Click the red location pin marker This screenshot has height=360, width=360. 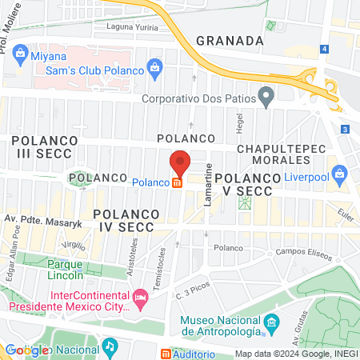pos(180,163)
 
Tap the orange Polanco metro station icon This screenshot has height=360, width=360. pos(178,182)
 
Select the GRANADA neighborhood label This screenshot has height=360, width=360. pos(229,40)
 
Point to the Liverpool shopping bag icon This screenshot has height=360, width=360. pos(340,172)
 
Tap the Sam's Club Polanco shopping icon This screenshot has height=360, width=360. pos(152,70)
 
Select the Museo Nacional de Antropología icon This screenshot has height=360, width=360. pos(272,323)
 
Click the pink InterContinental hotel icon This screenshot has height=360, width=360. pos(141,298)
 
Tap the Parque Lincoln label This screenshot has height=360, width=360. pos(66,270)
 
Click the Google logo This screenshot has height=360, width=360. pos(26,350)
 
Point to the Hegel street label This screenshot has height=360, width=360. pos(239,123)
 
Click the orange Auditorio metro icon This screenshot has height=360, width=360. pos(166,354)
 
